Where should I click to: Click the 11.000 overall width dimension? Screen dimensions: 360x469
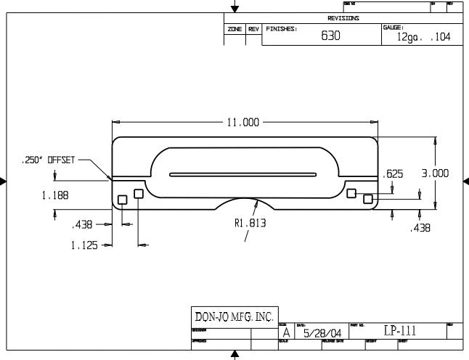pos(243,123)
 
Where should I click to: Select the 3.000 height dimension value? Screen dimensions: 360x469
pos(435,173)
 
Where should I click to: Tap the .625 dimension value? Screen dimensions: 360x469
pos(393,173)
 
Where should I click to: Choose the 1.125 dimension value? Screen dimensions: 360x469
pos(85,245)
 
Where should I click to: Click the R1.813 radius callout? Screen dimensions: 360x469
pos(250,224)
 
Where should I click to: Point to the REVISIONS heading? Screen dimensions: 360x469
pos(343,18)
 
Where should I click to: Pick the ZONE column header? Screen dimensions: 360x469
pos(234,29)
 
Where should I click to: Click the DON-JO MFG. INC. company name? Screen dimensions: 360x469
pos(233,316)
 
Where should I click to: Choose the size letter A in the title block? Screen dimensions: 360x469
pos(285,332)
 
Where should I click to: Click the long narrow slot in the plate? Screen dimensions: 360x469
pos(242,174)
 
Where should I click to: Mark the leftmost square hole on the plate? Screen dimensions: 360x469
pos(122,199)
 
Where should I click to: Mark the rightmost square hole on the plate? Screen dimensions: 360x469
pos(368,198)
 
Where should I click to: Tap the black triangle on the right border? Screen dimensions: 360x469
pos(465,181)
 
